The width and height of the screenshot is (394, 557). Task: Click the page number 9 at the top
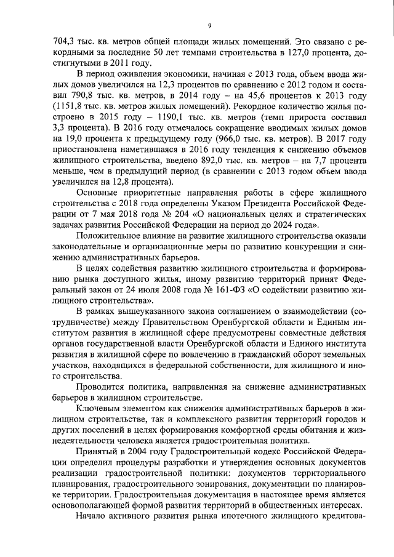pyautogui.click(x=209, y=25)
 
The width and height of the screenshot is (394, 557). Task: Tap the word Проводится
pyautogui.click(x=98, y=387)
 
